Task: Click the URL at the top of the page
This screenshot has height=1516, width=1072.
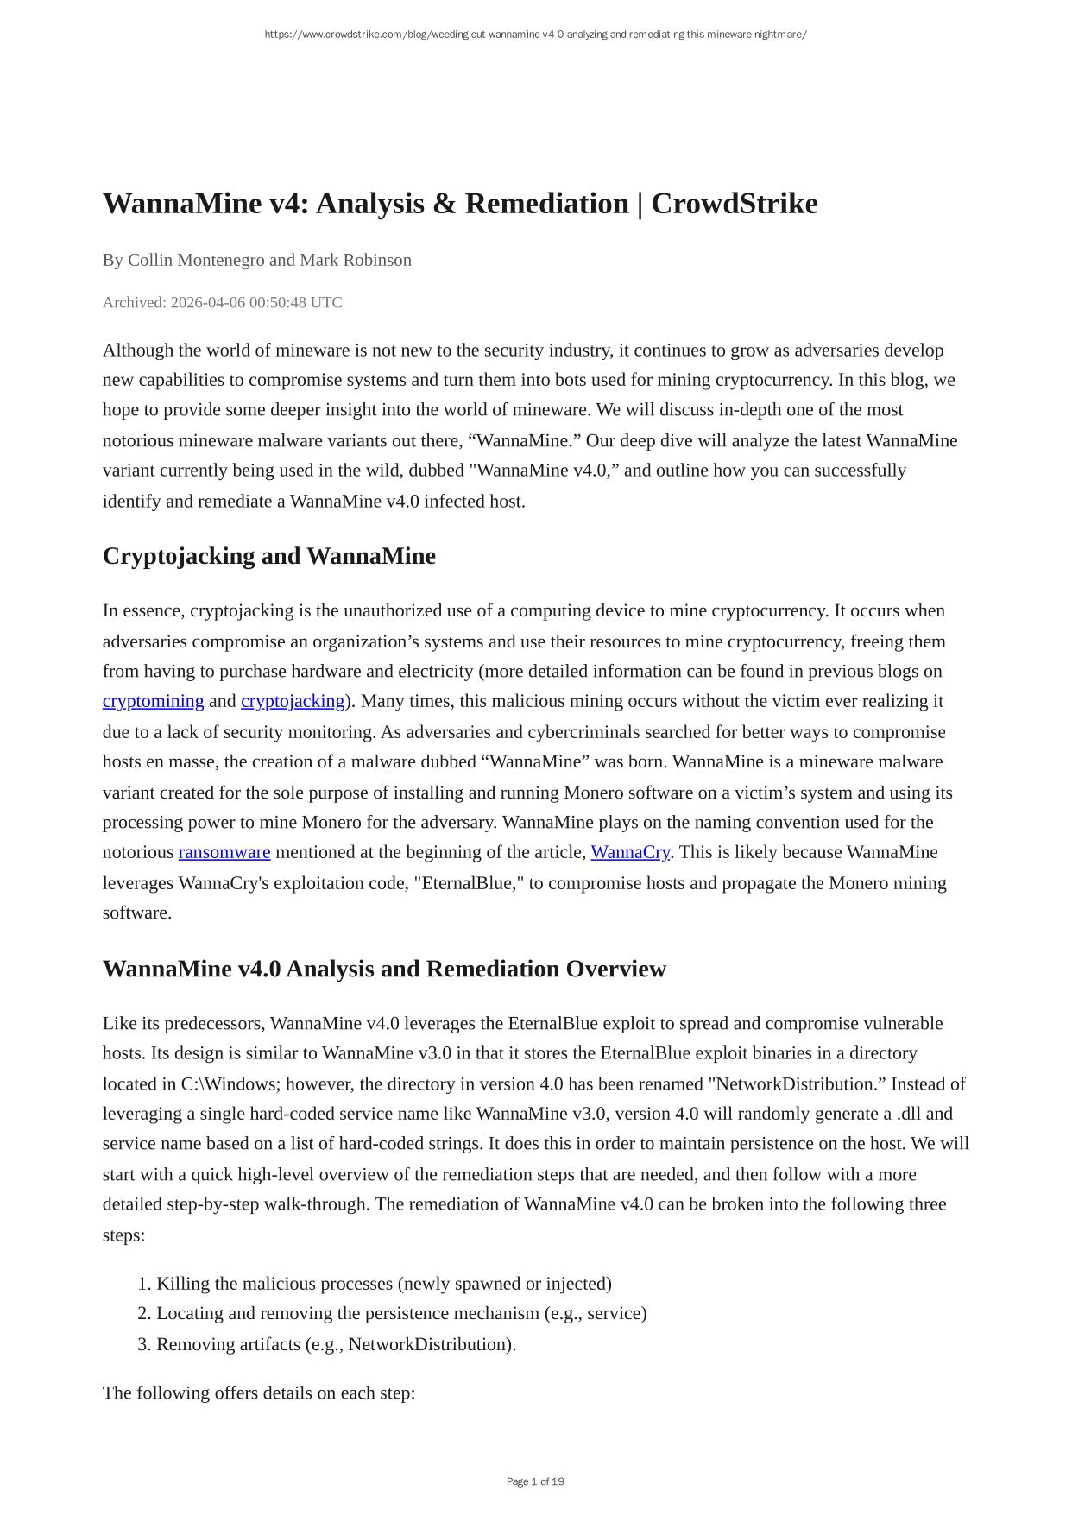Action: click(x=535, y=35)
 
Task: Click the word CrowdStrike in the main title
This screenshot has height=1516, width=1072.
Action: click(x=734, y=204)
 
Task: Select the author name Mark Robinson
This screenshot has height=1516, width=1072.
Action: click(x=356, y=260)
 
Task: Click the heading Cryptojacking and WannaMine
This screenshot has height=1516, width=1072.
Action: click(x=268, y=556)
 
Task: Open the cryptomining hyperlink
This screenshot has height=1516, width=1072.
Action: click(x=153, y=701)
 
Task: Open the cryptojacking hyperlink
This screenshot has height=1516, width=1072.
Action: click(x=293, y=701)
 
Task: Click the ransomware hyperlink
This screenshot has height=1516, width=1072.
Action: click(x=224, y=852)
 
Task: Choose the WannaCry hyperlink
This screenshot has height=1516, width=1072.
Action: click(x=630, y=852)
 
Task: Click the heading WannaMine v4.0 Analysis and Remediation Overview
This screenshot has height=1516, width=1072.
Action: click(x=384, y=969)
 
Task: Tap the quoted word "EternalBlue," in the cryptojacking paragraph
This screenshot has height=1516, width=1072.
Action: click(x=469, y=883)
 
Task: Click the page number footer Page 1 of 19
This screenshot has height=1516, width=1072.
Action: click(x=535, y=1481)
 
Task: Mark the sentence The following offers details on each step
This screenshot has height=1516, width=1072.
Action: click(x=259, y=1393)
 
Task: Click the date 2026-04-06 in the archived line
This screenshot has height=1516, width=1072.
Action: click(x=208, y=302)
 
